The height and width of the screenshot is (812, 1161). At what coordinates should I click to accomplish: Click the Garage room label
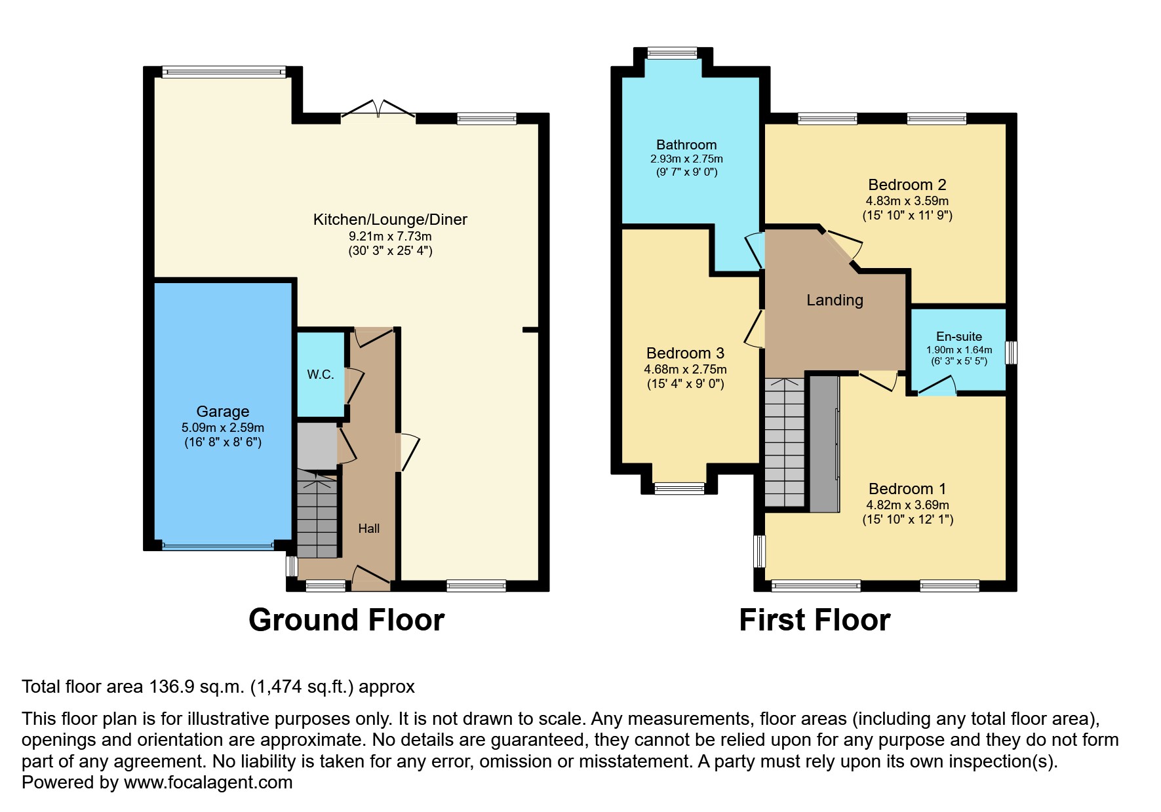[223, 412]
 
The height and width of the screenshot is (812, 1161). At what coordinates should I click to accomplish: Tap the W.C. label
[321, 374]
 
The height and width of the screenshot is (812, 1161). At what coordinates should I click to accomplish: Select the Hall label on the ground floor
[369, 528]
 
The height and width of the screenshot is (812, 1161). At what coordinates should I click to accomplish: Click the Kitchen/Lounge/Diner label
[390, 220]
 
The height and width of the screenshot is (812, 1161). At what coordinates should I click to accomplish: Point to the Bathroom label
[686, 145]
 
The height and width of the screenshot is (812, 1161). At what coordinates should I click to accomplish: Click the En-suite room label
[959, 337]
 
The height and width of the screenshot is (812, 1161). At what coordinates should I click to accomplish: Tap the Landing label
[835, 300]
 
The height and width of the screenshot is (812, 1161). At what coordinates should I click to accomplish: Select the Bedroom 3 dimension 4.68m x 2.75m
[685, 370]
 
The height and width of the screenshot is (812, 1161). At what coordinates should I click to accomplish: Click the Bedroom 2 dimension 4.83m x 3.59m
[907, 201]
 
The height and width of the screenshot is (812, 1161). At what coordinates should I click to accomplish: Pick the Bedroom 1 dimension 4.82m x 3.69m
[908, 505]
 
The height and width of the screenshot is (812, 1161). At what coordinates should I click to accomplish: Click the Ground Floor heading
[347, 620]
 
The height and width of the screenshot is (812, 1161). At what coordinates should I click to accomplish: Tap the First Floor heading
[815, 620]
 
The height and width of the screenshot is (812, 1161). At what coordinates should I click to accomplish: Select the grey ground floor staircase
[318, 514]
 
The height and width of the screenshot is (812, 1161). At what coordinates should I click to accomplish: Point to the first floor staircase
[785, 442]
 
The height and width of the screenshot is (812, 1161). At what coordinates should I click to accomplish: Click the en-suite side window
[1012, 352]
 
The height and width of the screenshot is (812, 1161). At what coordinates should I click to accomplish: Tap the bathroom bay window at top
[673, 54]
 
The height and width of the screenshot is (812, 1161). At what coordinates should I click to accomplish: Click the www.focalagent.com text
[208, 783]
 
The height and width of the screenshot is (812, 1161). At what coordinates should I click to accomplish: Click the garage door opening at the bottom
[218, 545]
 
